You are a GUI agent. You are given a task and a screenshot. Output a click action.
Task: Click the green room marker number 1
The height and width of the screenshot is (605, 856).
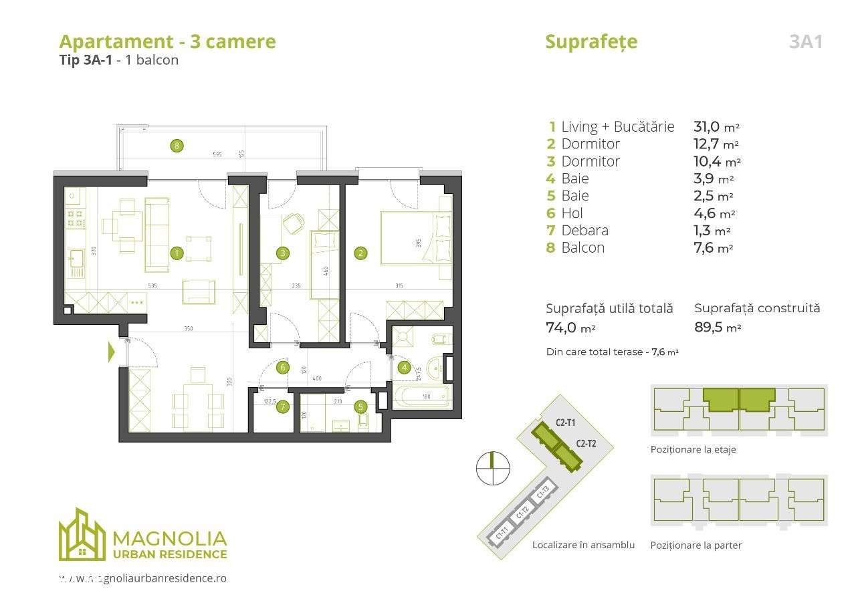(x=177, y=253)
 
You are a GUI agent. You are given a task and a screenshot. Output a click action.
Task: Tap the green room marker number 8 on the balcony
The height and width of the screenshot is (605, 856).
(x=177, y=145)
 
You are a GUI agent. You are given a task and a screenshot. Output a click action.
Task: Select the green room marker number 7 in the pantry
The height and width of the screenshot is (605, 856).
(x=283, y=406)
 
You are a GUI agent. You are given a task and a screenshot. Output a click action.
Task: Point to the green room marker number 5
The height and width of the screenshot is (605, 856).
(x=360, y=406)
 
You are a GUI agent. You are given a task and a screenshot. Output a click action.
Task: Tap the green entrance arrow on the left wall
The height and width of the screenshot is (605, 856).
(x=112, y=352)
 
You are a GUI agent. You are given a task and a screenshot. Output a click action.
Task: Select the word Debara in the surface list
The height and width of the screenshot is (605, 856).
(x=585, y=231)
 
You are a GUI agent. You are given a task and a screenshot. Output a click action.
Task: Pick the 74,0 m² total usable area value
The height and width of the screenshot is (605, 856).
(x=570, y=328)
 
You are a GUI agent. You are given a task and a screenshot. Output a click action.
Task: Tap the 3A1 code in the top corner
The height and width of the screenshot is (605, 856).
(x=805, y=41)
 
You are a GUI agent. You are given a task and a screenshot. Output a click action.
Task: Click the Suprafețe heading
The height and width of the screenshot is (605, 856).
(x=591, y=41)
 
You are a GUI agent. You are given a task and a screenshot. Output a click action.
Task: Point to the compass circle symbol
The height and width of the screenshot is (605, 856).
(x=493, y=468)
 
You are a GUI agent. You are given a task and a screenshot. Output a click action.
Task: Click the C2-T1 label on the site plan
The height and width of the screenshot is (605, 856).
(x=566, y=422)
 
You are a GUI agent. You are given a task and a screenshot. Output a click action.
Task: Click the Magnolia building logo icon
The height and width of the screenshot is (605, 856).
(x=82, y=535)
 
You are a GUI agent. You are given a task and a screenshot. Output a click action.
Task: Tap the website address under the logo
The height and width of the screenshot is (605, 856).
(x=142, y=578)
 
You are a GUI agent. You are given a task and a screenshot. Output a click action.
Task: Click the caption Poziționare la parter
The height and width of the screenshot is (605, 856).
(x=695, y=545)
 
